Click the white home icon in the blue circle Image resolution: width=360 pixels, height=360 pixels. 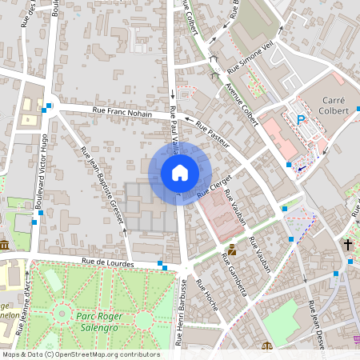[x=180, y=173]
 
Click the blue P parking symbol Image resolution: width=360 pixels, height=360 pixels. [x=302, y=120]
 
